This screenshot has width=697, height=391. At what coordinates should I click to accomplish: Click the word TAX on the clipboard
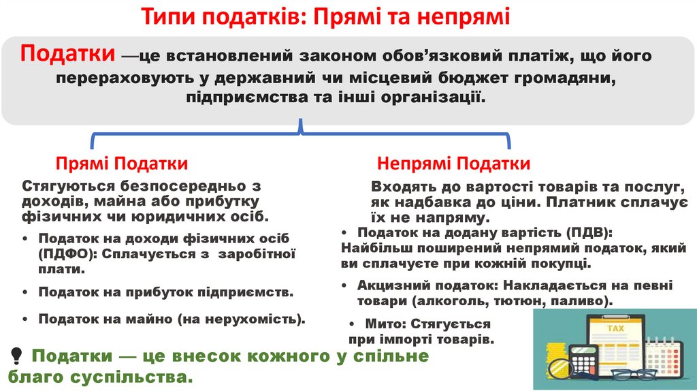615,328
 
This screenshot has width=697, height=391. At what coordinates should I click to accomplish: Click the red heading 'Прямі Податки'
122,163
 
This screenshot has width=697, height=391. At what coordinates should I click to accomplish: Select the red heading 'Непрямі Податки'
454,163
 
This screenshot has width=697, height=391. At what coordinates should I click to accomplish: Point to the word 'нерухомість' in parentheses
254,318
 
